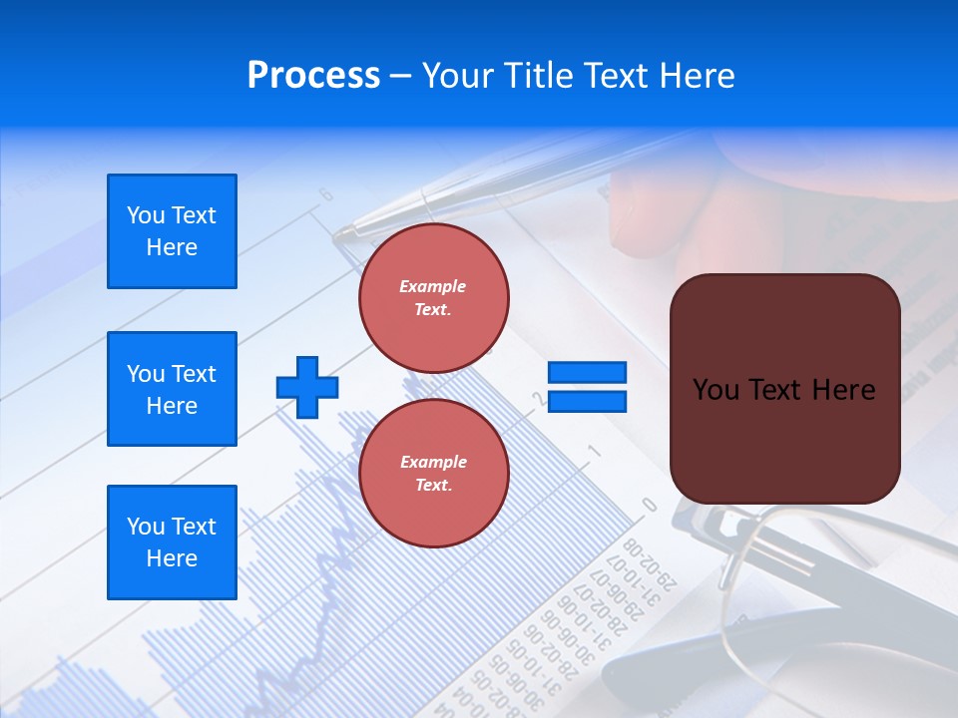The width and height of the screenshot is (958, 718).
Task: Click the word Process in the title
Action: (x=313, y=76)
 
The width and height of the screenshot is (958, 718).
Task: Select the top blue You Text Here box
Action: (x=172, y=231)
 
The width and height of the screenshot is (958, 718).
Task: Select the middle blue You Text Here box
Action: (x=172, y=389)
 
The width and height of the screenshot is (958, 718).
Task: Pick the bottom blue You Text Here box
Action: (x=172, y=542)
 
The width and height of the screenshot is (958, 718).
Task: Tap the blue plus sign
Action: (x=307, y=387)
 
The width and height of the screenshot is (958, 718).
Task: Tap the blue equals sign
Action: (x=588, y=387)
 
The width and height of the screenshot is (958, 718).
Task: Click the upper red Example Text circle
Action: (x=433, y=297)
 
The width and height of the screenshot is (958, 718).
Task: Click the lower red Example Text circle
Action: (x=433, y=473)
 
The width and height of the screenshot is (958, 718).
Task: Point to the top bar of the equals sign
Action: (x=588, y=373)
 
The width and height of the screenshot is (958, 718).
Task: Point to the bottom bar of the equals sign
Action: (x=588, y=402)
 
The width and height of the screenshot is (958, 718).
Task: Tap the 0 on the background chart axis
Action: (x=649, y=506)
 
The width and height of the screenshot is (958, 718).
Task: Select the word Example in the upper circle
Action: (x=433, y=286)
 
